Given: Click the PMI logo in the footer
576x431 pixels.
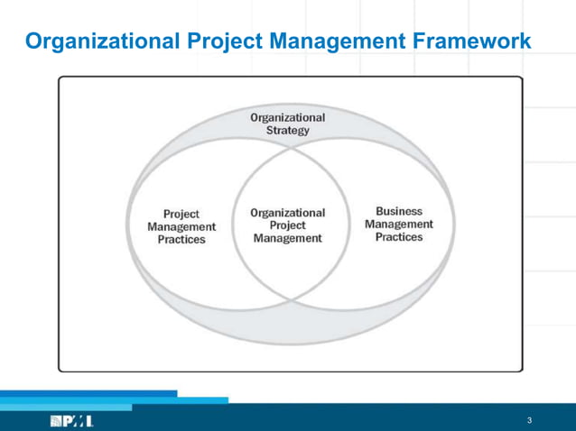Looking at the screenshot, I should (73, 420).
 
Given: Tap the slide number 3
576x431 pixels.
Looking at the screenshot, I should (529, 420).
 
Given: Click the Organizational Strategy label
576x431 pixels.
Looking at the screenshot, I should (287, 124).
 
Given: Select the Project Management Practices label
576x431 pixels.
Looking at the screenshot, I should (181, 227).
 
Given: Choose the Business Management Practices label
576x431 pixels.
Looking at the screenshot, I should (398, 225).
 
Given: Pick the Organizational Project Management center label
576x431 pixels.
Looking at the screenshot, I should (287, 225).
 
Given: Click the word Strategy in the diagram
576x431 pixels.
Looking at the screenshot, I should (287, 130).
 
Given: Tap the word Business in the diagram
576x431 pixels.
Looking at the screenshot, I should (398, 211).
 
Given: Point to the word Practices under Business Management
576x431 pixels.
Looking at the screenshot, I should (398, 237).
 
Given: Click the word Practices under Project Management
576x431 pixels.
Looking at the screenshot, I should (181, 240).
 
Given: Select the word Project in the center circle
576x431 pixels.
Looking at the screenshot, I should (287, 225).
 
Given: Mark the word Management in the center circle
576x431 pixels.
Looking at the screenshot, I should (287, 239).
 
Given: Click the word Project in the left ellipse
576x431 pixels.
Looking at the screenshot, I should (181, 215).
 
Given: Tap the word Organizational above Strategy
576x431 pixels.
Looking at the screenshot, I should (287, 117).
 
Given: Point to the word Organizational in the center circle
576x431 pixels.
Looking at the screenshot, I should (287, 213).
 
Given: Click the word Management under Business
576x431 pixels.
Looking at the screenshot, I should (398, 225).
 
